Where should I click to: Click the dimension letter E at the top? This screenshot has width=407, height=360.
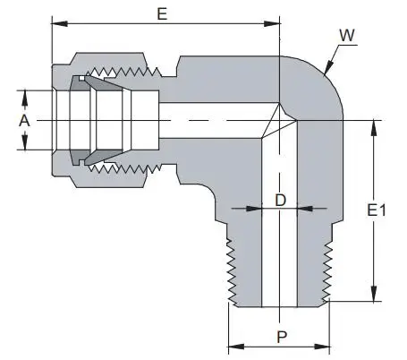tap(163, 13)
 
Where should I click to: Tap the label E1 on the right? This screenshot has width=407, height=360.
tap(377, 210)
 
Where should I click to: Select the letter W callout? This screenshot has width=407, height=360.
tap(347, 35)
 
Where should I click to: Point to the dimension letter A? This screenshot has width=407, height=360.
tap(24, 121)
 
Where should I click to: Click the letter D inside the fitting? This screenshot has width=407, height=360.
tap(280, 200)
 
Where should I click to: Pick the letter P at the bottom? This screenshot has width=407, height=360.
tap(282, 337)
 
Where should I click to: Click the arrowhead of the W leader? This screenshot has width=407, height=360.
tap(328, 67)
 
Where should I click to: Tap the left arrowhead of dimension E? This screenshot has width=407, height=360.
tap(60, 23)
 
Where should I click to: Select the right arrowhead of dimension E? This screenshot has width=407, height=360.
tap(272, 23)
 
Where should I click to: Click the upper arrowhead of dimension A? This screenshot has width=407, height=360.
tap(25, 99)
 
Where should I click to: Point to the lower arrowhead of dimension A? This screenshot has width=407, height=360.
tap(25, 141)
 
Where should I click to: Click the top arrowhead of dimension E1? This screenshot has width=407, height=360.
tap(374, 128)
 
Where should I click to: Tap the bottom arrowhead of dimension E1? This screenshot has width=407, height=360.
tap(374, 294)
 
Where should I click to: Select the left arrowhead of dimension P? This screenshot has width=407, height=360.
tap(236, 347)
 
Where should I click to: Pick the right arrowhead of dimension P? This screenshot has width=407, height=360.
tap(322, 347)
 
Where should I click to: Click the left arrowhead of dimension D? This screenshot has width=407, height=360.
tap(254, 209)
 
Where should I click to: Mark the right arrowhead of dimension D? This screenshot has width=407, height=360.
tap(305, 209)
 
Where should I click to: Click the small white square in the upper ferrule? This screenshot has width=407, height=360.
tap(81, 78)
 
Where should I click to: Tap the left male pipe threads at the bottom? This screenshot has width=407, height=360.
tap(232, 272)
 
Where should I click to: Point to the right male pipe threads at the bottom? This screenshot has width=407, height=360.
tap(327, 272)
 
